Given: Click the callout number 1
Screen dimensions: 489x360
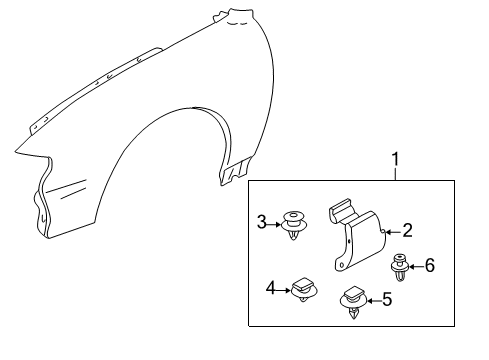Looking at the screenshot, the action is (x=395, y=159).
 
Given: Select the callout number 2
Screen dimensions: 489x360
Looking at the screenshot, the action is (x=408, y=231).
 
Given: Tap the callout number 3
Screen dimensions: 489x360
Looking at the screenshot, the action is (x=262, y=222).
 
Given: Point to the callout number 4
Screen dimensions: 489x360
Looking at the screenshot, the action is (x=271, y=288).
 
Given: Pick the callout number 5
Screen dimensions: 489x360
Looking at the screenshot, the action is (x=387, y=299).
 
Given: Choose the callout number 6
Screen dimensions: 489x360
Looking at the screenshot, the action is (x=430, y=266).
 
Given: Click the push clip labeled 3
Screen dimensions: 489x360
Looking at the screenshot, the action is (x=293, y=225).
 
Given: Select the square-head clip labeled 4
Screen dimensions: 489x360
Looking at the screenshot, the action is (x=304, y=289).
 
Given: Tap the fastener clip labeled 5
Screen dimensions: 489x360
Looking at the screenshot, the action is (x=353, y=301).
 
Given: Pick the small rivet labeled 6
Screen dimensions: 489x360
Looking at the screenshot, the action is (x=400, y=267).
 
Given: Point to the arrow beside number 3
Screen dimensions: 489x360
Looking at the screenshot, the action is (x=274, y=225).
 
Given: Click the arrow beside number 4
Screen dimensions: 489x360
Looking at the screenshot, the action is (x=283, y=290).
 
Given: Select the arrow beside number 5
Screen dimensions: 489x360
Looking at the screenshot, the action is (x=374, y=301).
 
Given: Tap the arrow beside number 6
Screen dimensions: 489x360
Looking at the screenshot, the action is (x=417, y=267).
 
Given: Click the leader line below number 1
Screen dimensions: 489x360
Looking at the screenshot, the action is (x=396, y=174).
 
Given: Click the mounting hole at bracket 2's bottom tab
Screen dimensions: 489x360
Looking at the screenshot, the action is (x=341, y=265).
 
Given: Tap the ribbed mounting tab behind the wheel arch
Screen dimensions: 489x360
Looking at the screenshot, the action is (x=234, y=171).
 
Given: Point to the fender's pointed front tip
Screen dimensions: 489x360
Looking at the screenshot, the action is (x=15, y=152).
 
